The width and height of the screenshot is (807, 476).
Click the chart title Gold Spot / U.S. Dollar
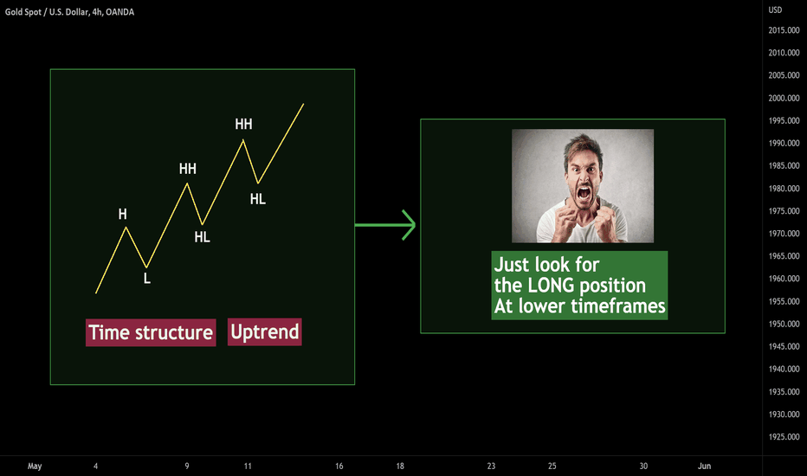[46, 12]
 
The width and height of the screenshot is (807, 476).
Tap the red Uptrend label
[265, 332]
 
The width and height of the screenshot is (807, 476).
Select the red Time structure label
[151, 332]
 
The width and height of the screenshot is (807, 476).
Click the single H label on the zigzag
[122, 214]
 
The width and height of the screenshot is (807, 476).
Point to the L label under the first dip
[147, 279]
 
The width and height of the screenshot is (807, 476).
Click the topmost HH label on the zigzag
[243, 124]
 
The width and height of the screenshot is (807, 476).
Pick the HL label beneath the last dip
[258, 199]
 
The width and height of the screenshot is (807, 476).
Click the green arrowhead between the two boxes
[410, 225]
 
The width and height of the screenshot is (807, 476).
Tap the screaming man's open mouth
[584, 194]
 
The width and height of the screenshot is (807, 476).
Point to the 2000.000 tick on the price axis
[784, 98]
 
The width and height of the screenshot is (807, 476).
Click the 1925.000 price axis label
[784, 437]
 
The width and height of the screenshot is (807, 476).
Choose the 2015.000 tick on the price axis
[784, 30]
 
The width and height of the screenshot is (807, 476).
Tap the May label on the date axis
[35, 466]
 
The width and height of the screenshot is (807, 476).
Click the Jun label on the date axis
[704, 466]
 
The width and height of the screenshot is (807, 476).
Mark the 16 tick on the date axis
[339, 466]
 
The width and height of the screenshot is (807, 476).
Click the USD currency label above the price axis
[775, 10]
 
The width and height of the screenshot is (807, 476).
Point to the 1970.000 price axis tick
[784, 234]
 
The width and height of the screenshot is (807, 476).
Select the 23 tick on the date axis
[492, 466]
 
